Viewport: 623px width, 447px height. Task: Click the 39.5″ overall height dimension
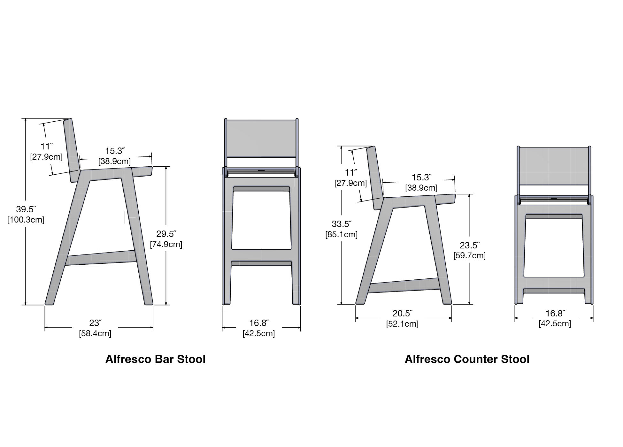click(x=26, y=209)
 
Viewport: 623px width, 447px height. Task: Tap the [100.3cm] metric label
click(x=26, y=220)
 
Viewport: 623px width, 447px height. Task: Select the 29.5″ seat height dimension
click(x=166, y=234)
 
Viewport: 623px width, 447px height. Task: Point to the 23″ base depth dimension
click(x=95, y=323)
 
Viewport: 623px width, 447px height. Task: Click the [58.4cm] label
click(x=95, y=334)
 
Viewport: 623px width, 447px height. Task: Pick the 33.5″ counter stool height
click(x=342, y=224)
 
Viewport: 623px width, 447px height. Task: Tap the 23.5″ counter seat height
click(x=470, y=245)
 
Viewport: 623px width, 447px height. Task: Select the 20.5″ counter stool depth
click(x=403, y=314)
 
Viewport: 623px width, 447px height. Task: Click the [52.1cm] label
click(x=403, y=324)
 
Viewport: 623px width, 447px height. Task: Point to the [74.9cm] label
click(x=166, y=245)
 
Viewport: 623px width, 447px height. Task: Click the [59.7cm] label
click(x=470, y=256)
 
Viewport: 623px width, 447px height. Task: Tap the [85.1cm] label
click(x=342, y=235)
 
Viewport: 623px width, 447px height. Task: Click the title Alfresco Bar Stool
click(x=155, y=359)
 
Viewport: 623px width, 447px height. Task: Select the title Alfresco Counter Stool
click(x=467, y=359)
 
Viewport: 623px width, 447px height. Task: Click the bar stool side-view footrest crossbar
click(x=101, y=258)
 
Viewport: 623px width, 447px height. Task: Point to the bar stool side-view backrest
click(x=72, y=150)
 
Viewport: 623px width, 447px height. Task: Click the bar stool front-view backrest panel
click(x=261, y=139)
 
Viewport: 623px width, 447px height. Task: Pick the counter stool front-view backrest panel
click(x=554, y=166)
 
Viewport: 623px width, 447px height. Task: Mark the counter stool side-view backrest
click(x=375, y=178)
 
